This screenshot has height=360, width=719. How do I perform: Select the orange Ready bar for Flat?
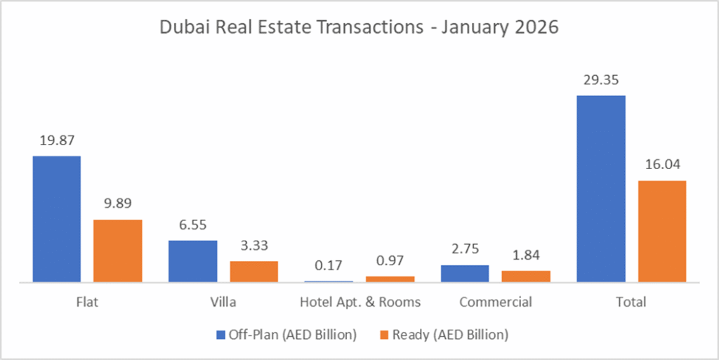(x=118, y=251)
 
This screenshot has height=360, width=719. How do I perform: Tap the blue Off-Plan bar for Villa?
(x=192, y=261)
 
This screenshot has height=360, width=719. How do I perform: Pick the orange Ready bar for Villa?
(x=254, y=272)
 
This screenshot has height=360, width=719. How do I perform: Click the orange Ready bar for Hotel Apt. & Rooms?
(x=390, y=279)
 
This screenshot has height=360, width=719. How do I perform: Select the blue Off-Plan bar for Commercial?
(x=465, y=274)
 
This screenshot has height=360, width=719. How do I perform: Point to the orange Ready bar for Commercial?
(x=526, y=276)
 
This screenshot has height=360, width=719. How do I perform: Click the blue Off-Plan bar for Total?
(x=601, y=189)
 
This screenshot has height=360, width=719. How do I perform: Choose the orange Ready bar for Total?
(x=662, y=232)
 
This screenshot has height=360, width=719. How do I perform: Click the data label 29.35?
(x=600, y=80)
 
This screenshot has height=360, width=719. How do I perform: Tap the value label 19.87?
(x=56, y=141)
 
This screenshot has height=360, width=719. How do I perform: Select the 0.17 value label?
(x=329, y=265)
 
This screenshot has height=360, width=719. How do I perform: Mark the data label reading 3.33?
(x=254, y=246)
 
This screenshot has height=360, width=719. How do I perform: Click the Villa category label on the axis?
(x=223, y=302)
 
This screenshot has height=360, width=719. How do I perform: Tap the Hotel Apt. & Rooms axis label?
(x=359, y=302)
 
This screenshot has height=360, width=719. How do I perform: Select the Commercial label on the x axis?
(x=496, y=302)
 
